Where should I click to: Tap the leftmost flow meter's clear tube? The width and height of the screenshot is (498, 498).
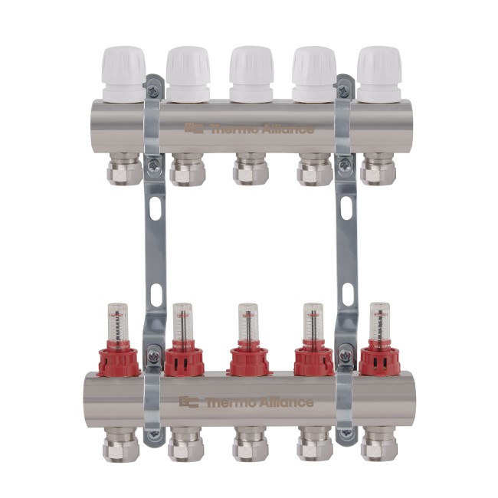120,323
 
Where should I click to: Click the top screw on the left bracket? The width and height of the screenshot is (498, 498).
155,91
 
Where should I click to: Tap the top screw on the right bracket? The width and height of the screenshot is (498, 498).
344,91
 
